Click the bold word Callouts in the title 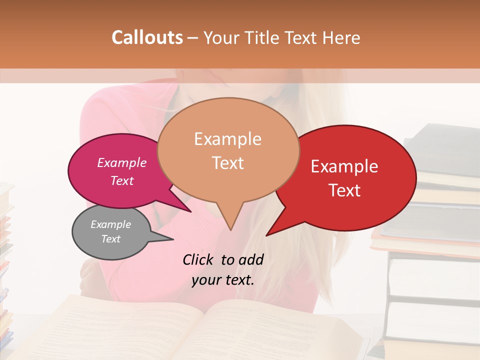click(x=147, y=37)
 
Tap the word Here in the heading click(x=341, y=37)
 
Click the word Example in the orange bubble click(x=227, y=139)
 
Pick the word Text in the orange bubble click(x=227, y=162)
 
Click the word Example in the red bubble click(x=344, y=166)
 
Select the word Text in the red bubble click(x=344, y=190)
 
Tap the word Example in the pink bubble click(x=122, y=162)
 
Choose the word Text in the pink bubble click(x=122, y=180)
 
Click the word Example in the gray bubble click(x=110, y=224)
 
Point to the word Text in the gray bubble click(x=110, y=239)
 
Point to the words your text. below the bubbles click(x=223, y=280)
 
